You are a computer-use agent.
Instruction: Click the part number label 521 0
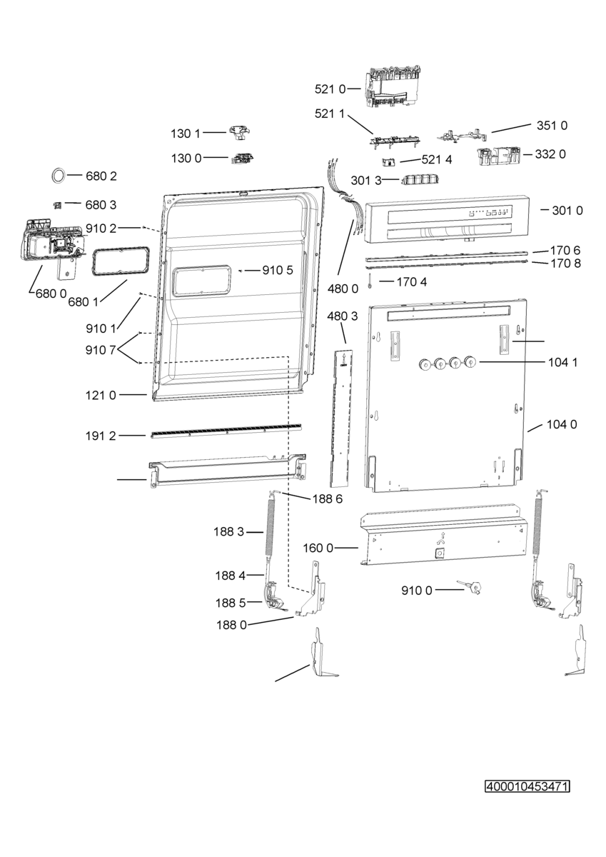point(330,89)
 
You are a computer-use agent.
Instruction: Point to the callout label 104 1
point(562,362)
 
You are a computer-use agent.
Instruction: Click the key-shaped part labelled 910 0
point(470,586)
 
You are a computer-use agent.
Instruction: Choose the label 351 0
point(552,126)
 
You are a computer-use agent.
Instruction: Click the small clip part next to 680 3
point(57,206)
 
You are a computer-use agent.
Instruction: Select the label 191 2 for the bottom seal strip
point(101,436)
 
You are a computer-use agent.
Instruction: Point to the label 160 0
point(318,548)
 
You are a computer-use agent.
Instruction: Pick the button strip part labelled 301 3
point(419,179)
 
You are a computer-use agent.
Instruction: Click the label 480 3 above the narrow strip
point(343,316)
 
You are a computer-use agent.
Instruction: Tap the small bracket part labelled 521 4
point(389,162)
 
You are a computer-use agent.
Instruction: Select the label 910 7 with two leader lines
point(101,350)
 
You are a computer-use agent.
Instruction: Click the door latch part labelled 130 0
point(242,158)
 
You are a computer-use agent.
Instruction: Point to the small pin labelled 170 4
point(370,281)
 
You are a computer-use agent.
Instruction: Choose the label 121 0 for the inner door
point(101,395)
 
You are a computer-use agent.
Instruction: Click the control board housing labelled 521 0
point(393,88)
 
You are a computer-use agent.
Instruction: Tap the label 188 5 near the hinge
point(231,603)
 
